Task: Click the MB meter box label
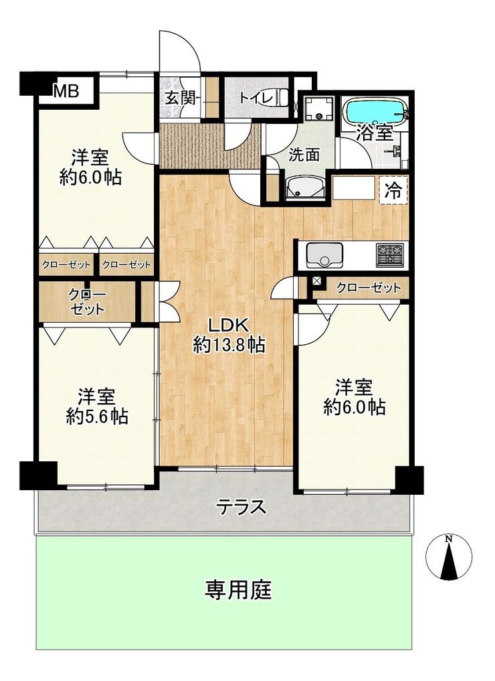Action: pos(66,91)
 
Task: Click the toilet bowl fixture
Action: pos(284,97)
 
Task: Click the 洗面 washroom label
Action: pos(304,155)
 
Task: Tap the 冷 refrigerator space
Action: pos(393,190)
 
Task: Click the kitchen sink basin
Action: pos(324,256)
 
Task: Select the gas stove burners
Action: pos(389,255)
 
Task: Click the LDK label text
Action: pos(229,325)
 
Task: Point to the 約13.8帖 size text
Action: pos(229,346)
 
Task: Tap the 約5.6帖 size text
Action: pos(97,417)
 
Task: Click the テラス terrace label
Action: pos(241,508)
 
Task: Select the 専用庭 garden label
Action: pos(239,590)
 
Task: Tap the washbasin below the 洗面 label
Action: pos(306,187)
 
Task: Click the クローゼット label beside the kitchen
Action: pos(369,287)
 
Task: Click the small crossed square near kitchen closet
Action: pos(317,281)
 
